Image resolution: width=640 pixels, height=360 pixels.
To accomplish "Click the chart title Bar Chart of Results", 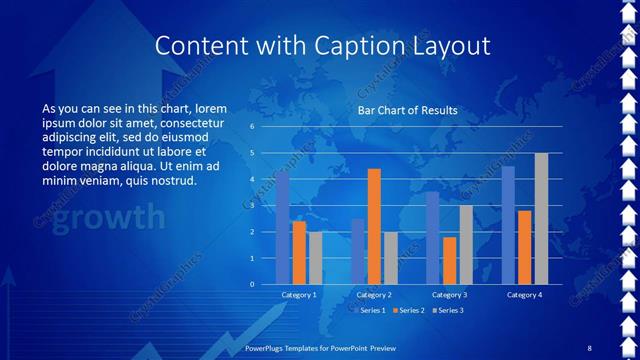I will tap(407, 110).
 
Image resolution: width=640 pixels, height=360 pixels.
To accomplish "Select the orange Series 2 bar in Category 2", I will tap(374, 226).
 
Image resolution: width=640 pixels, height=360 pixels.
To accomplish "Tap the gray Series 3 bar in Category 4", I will tap(541, 218).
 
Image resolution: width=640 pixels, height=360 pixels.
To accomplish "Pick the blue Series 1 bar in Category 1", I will tap(283, 228).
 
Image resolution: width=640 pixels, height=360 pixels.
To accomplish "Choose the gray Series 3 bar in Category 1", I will tap(315, 258).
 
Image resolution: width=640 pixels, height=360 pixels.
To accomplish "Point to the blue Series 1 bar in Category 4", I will tap(508, 225).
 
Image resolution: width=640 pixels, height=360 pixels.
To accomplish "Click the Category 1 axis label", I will tap(298, 295).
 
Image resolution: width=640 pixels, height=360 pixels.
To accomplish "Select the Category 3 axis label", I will tap(449, 295).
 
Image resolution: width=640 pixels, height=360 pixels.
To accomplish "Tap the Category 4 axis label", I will tap(524, 295).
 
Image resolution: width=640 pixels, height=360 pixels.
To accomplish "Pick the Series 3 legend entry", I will tap(446, 310).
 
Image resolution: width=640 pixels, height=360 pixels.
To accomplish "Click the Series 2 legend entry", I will tap(409, 310).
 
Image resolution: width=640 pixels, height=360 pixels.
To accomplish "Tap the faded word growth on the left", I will tap(108, 216).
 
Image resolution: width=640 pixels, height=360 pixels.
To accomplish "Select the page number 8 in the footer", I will tap(589, 347).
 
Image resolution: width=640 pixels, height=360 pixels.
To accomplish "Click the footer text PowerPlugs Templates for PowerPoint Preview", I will tap(319, 347).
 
